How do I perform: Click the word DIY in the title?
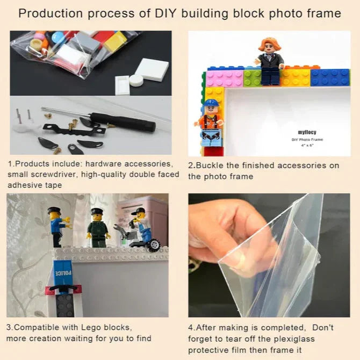coord(165,13)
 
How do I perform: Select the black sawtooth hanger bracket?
coord(74,131)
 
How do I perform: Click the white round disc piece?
coord(136,81)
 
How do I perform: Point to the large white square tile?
coord(152,69)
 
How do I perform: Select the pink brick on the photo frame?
coord(224,78)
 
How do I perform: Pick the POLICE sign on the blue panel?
coord(62,273)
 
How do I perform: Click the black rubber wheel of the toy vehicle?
coord(154,245)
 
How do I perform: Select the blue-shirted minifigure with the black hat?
coord(59,226)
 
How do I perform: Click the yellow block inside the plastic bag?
coord(116,41)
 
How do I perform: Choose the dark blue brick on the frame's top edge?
coord(330,77)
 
